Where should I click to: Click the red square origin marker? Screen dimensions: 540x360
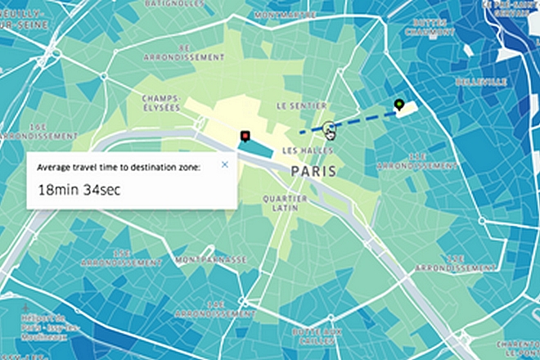coord(243,136)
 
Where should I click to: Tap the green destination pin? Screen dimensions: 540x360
coord(398,104)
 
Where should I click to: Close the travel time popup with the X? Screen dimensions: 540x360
coord(225,164)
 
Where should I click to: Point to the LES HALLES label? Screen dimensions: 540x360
coord(304,151)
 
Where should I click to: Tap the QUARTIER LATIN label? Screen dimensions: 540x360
coord(285,202)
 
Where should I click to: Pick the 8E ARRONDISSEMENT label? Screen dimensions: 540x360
coord(183,53)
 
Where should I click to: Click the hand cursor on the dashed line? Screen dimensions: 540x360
coord(330,130)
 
